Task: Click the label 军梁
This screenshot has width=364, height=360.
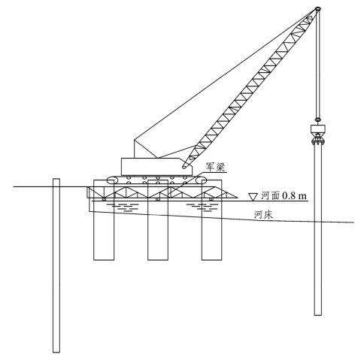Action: [216, 167]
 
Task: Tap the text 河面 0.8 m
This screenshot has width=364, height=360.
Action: [284, 195]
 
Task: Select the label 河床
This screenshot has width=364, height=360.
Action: [263, 215]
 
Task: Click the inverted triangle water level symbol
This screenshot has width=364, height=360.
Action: [253, 197]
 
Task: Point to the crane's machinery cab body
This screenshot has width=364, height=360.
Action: [157, 167]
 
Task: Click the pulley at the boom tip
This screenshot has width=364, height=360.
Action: [318, 9]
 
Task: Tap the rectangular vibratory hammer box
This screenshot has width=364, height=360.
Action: [318, 129]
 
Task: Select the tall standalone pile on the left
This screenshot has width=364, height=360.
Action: [56, 265]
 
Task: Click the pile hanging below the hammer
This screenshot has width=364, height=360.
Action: [318, 230]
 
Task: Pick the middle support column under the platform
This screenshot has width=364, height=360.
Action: [158, 220]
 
